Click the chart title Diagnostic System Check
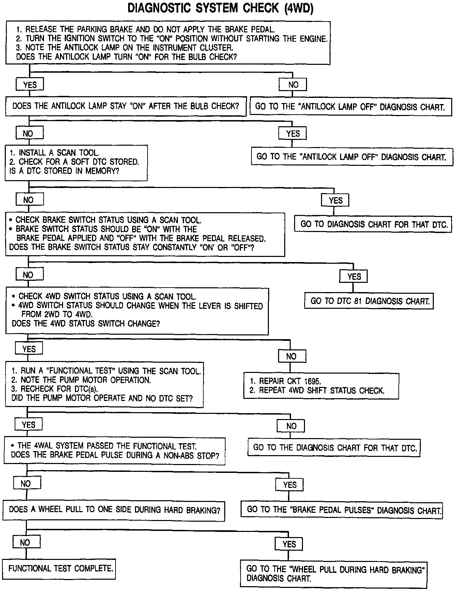[220, 9]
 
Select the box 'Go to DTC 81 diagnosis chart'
[369, 301]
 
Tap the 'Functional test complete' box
[60, 568]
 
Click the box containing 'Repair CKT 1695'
[321, 386]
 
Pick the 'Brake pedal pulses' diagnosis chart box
[341, 510]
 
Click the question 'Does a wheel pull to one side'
[113, 510]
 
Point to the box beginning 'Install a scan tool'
[76, 162]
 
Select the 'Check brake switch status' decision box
[145, 234]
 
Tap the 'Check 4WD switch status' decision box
[137, 311]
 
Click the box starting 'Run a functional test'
[104, 385]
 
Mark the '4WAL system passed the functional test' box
[114, 451]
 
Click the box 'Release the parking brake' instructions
[168, 43]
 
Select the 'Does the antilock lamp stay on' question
[126, 106]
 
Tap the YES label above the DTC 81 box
[353, 276]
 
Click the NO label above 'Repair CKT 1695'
[292, 357]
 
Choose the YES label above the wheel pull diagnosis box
[289, 544]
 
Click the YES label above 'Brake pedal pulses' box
[289, 485]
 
